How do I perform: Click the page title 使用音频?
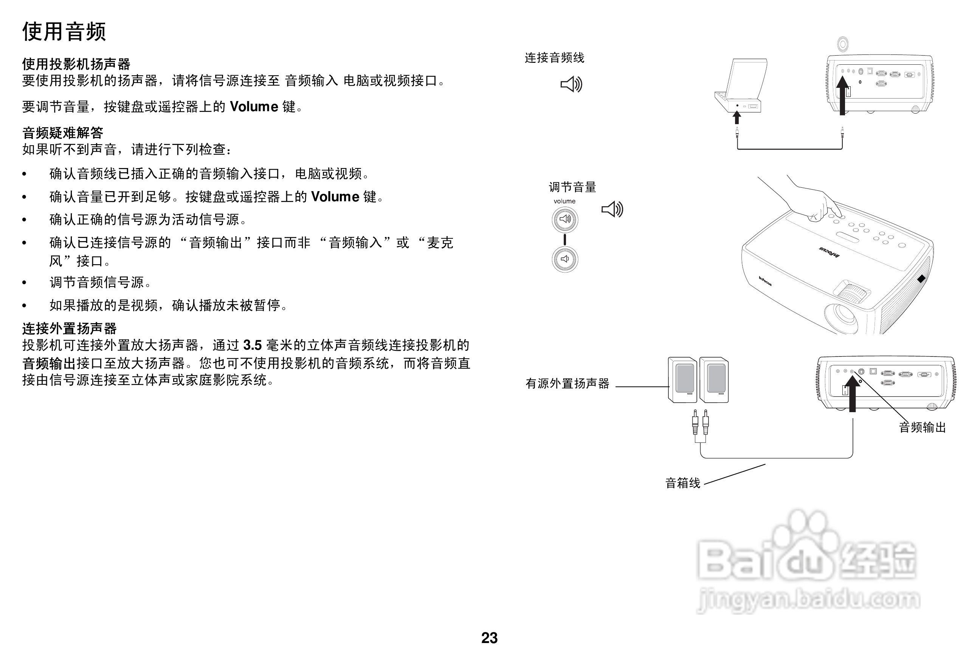pyautogui.click(x=64, y=32)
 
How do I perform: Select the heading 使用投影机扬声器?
pyautogui.click(x=76, y=64)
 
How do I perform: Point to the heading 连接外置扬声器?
pyautogui.click(x=69, y=329)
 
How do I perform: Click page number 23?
pyautogui.click(x=489, y=638)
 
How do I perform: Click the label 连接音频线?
pyautogui.click(x=554, y=58)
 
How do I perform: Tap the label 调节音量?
pyautogui.click(x=572, y=187)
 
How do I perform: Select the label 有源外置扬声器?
pyautogui.click(x=567, y=383)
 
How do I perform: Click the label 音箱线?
pyautogui.click(x=682, y=483)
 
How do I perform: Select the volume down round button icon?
pyautogui.click(x=564, y=259)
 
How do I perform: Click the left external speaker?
pyautogui.click(x=682, y=380)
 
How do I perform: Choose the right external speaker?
pyautogui.click(x=714, y=380)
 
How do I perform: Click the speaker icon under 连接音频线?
pyautogui.click(x=571, y=84)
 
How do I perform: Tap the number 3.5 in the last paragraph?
pyautogui.click(x=252, y=345)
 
